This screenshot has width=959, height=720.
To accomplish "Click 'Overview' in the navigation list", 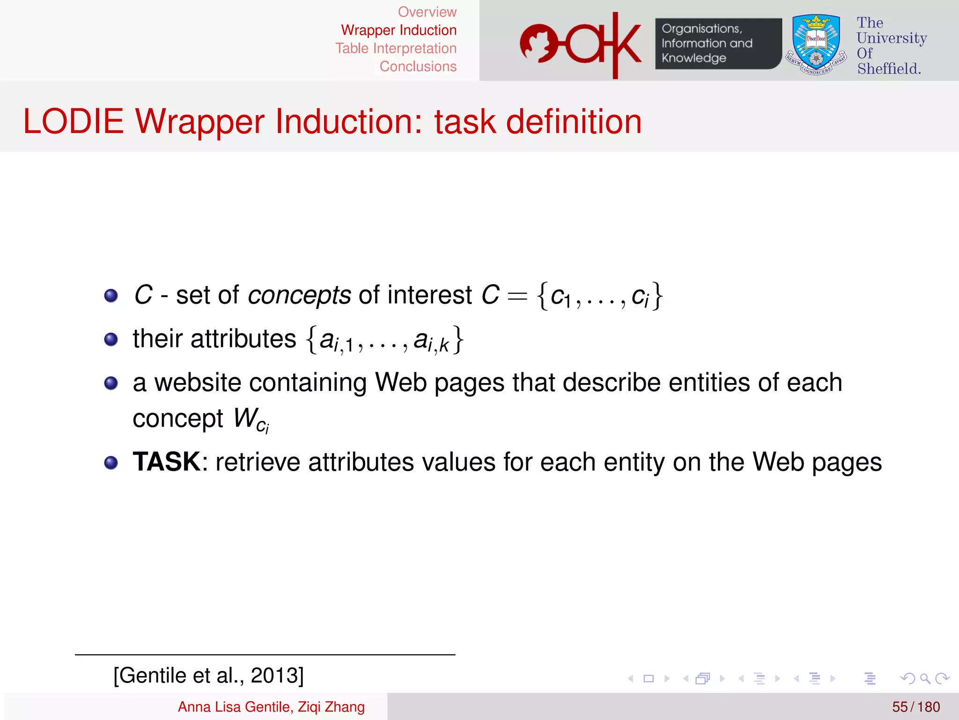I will pyautogui.click(x=427, y=12).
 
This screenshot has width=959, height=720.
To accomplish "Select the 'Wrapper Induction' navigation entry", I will pyautogui.click(x=398, y=30).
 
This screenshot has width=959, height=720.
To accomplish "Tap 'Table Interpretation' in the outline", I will pyautogui.click(x=396, y=48).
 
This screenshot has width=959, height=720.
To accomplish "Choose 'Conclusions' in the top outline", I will pyautogui.click(x=418, y=67).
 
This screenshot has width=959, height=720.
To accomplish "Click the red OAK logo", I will pyautogui.click(x=581, y=44).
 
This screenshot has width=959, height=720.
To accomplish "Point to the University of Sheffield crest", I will pyautogui.click(x=816, y=44).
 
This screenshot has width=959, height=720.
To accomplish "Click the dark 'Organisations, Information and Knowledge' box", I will pyautogui.click(x=718, y=44).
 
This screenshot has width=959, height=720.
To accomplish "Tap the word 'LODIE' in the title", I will pyautogui.click(x=74, y=122).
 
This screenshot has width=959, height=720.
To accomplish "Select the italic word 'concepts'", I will pyautogui.click(x=299, y=295).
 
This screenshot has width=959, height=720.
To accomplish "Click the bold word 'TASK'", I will pyautogui.click(x=167, y=462).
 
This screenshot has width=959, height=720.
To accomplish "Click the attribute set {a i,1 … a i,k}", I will pyautogui.click(x=385, y=340).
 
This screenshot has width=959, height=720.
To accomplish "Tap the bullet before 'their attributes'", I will pyautogui.click(x=111, y=339).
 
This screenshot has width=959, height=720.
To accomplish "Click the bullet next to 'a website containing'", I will pyautogui.click(x=111, y=383).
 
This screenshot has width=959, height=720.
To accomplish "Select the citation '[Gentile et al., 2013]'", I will pyautogui.click(x=209, y=675).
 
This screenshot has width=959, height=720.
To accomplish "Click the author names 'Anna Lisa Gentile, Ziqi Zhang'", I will pyautogui.click(x=271, y=707).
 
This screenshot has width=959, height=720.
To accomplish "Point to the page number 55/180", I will pyautogui.click(x=915, y=707).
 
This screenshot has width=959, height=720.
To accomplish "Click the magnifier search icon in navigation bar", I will pyautogui.click(x=925, y=678).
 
